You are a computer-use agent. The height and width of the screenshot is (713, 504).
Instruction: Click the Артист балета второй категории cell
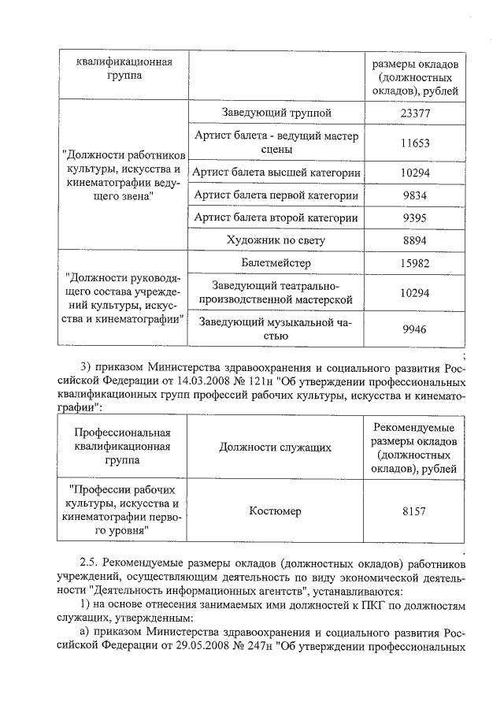(276, 218)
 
